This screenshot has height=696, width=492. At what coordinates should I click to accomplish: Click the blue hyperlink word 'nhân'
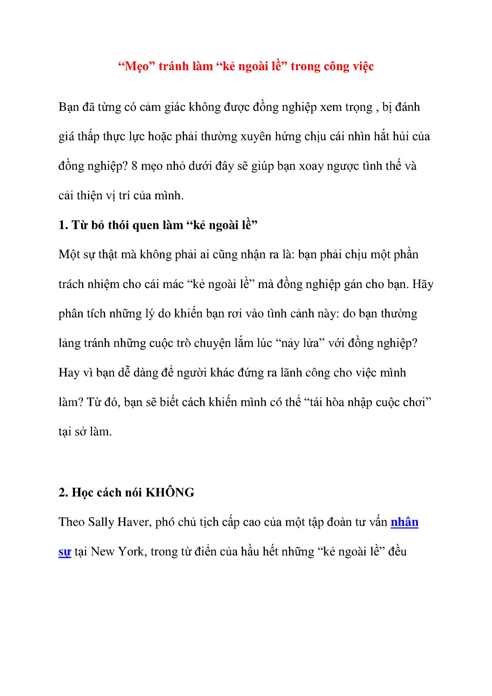404,522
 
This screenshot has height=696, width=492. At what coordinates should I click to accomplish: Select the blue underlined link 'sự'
65,552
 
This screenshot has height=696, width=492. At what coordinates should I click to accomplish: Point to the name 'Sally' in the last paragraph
101,522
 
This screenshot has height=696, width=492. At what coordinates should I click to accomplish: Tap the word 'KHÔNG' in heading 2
170,492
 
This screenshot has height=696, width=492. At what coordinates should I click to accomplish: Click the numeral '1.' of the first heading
63,225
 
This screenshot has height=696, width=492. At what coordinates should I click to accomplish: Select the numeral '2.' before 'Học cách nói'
63,492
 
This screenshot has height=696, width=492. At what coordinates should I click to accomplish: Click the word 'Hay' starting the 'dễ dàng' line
69,373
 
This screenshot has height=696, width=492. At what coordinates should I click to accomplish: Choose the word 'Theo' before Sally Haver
71,522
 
